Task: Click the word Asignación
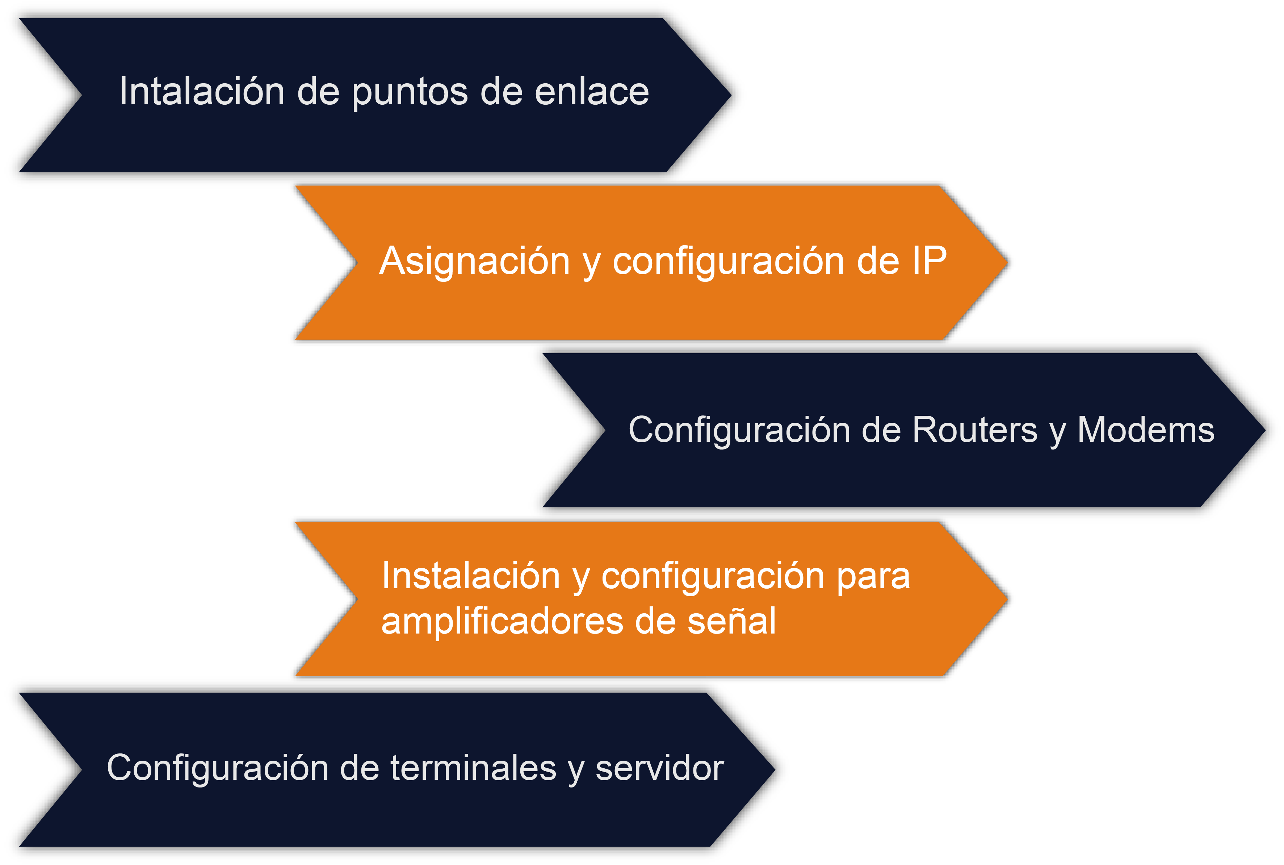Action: [x=474, y=260]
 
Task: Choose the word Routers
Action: [x=975, y=429]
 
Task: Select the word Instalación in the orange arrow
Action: [x=471, y=576]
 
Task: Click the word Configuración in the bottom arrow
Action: [x=218, y=768]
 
